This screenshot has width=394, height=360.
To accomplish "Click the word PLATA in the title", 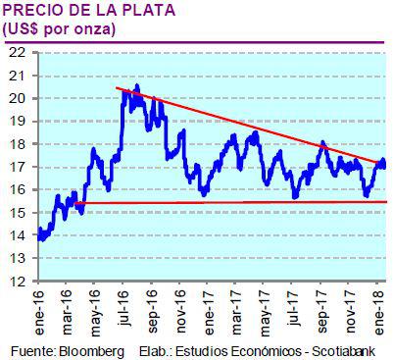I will (138, 11).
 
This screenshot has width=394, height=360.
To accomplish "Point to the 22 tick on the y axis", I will (17, 53).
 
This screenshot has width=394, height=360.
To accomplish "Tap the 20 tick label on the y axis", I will (17, 98).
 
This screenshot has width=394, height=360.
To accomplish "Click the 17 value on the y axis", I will (17, 167).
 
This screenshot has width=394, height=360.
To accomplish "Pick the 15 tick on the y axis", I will (17, 213).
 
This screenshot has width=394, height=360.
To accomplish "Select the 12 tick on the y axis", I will (17, 281).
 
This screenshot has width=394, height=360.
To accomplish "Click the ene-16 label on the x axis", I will (43, 309).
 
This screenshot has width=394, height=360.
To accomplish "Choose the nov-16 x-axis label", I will (182, 309).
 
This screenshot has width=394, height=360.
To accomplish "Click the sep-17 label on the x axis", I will (321, 309).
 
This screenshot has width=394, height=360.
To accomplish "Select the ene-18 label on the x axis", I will (377, 309).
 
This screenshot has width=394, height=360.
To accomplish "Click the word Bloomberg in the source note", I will (89, 350).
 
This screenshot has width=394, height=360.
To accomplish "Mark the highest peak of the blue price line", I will (136, 86).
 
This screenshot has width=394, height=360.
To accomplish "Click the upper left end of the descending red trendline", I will (117, 89).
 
